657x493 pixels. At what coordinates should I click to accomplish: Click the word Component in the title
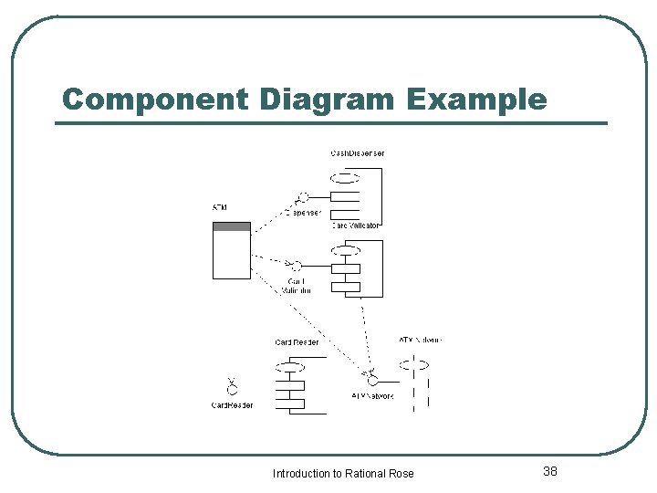(153, 100)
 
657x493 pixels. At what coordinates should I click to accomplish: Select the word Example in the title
(477, 100)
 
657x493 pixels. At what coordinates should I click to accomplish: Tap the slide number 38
(550, 471)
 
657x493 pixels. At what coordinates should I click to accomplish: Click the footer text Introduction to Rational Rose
(343, 473)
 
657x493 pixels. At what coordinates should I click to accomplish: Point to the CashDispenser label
(357, 153)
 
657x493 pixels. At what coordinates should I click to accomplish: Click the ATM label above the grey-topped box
(220, 208)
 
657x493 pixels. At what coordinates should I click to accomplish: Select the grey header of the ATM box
(231, 226)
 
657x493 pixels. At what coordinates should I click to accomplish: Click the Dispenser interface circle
(304, 196)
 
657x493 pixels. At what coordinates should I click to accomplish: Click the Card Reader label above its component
(297, 342)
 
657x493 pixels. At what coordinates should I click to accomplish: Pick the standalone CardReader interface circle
(232, 389)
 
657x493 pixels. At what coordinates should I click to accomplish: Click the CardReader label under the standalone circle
(233, 405)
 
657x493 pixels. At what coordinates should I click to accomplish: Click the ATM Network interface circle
(372, 377)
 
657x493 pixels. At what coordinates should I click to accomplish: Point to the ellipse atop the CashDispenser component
(345, 177)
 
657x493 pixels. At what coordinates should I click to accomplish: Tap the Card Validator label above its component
(356, 225)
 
